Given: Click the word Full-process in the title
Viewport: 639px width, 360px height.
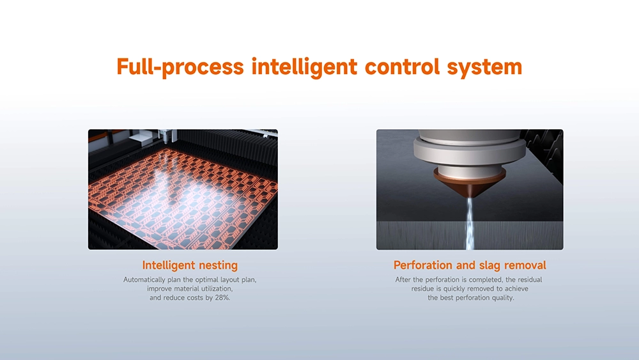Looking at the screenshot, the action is (180, 67).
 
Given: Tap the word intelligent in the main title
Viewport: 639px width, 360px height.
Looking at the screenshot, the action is (304, 67).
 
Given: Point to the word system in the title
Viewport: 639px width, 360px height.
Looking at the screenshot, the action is (484, 68).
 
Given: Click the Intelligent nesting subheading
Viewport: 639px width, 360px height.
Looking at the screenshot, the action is (190, 265).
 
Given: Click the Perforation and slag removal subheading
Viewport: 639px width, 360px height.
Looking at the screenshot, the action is (470, 265).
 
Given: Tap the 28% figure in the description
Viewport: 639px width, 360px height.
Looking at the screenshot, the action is (222, 297).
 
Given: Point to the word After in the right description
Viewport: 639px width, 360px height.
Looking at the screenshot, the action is (403, 279).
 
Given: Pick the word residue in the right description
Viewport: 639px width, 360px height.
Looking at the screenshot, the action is (422, 288).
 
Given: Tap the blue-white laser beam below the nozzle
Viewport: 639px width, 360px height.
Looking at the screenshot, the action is (470, 222).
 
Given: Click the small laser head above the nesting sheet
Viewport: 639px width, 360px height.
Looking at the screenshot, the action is (165, 136).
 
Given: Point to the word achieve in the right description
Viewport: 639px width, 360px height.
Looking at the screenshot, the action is (515, 288).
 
